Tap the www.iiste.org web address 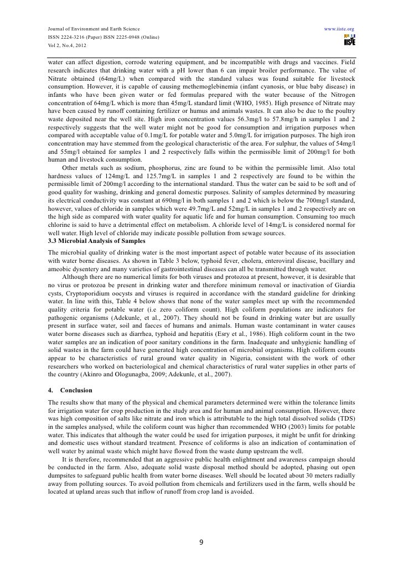click(x=339, y=28)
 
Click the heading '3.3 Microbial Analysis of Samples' click(x=97, y=241)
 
